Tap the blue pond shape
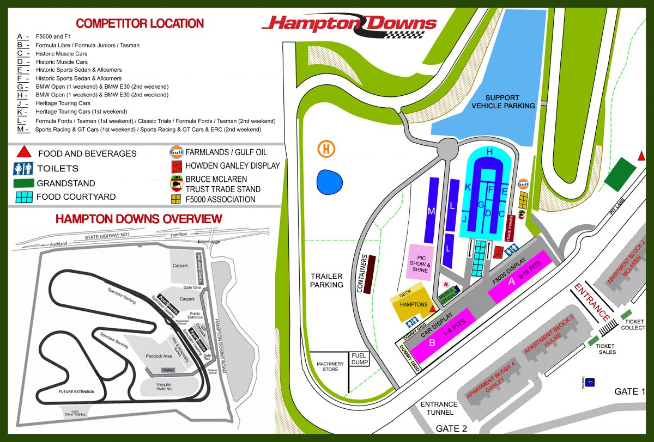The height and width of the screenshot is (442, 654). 330,182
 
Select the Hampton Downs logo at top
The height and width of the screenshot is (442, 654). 349,24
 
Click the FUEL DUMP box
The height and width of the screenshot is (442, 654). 359,359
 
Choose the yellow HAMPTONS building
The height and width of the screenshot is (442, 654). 413,304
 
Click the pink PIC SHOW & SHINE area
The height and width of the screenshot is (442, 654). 420,263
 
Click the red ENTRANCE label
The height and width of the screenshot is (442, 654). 592,303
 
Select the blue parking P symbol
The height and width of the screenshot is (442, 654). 591,383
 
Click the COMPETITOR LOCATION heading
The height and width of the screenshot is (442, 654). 140,23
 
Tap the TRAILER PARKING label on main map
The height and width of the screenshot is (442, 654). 326,280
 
